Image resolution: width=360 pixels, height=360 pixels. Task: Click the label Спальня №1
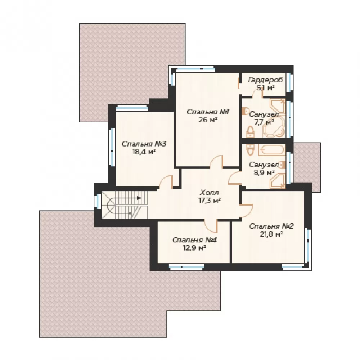click(x=208, y=112)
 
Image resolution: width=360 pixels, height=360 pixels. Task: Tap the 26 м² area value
click(x=208, y=120)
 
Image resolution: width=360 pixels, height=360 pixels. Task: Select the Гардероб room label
click(x=265, y=80)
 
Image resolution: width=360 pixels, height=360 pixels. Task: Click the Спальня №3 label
click(x=144, y=144)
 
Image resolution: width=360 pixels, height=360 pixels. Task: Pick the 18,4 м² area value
click(x=144, y=152)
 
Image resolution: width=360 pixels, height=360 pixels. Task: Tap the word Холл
click(x=210, y=192)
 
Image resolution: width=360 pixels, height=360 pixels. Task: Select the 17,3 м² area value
click(x=210, y=201)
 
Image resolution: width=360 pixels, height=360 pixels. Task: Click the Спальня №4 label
click(x=194, y=240)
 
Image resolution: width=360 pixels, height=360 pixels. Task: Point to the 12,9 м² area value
click(x=194, y=248)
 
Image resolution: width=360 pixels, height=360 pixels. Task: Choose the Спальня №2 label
click(x=271, y=226)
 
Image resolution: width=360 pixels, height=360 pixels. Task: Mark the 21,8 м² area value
click(x=271, y=234)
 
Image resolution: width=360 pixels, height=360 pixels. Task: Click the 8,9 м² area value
click(x=264, y=172)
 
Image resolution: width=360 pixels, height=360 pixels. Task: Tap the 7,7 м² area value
click(x=264, y=122)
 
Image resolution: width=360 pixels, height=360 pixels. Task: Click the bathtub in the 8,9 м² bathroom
click(x=272, y=150)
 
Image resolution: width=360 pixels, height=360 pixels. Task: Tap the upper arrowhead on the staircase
click(x=139, y=198)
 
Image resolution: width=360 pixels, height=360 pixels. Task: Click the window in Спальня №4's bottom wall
click(x=186, y=266)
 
